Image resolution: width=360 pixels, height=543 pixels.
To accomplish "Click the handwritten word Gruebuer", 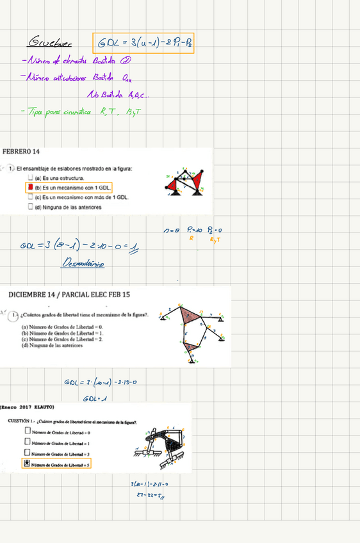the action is pos(50,43).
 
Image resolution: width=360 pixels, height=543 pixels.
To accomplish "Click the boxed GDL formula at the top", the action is pos(143,43).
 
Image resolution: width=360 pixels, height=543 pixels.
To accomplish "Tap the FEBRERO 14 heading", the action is pos(21,152).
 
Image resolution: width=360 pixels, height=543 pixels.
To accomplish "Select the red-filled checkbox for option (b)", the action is pos(29,188).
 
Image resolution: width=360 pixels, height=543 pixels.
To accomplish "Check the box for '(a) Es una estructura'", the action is pos(30,178).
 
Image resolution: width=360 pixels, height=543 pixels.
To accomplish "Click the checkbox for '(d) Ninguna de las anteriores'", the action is pos(30,207).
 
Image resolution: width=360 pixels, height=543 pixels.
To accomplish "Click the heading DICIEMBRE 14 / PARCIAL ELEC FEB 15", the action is pos(69,295).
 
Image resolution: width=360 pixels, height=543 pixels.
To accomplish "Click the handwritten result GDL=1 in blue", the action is pos(95,398).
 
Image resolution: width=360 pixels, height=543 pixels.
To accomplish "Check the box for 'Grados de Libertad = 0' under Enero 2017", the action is pos(28,432).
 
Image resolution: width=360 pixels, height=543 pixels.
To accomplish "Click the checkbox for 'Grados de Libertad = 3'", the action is pos(28,453).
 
